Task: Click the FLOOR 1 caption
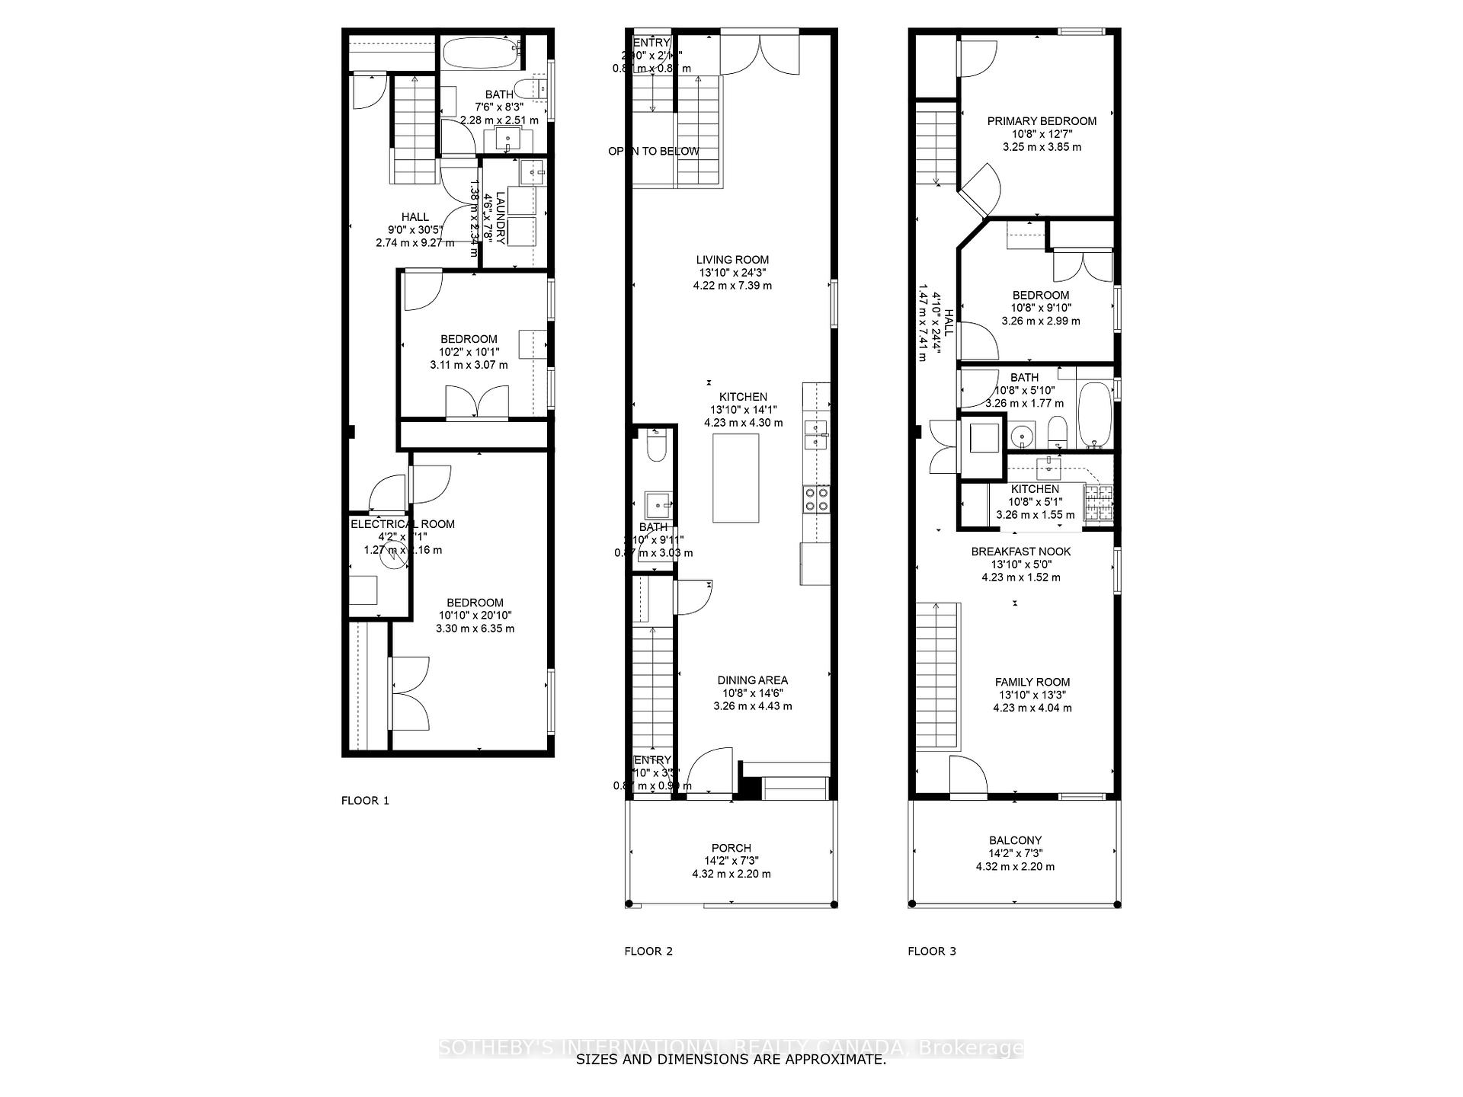(x=365, y=801)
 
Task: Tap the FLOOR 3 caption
(x=931, y=951)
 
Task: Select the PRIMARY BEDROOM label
(x=1041, y=121)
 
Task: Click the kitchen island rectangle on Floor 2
(x=735, y=478)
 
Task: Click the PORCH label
(x=731, y=848)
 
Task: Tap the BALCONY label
(x=1015, y=840)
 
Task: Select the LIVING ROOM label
(x=732, y=260)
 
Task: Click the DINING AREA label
(x=752, y=680)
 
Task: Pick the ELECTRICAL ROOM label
(x=402, y=524)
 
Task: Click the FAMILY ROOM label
(x=1032, y=683)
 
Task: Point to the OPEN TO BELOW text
(x=653, y=152)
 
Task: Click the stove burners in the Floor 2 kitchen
(x=815, y=498)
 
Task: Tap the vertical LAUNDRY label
(x=501, y=218)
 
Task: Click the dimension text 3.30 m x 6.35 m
(x=475, y=628)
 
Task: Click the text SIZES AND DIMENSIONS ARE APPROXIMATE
(x=731, y=1060)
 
